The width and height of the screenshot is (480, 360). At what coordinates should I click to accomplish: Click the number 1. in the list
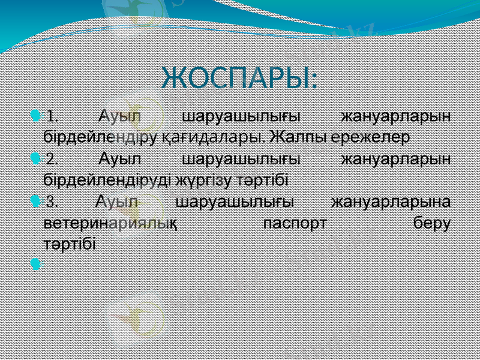pos(53,115)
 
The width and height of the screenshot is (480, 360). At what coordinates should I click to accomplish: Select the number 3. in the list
pos(53,201)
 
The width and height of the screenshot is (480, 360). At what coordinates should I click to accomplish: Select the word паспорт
pos(296,224)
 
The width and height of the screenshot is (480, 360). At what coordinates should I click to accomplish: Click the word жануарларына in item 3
pos(392,201)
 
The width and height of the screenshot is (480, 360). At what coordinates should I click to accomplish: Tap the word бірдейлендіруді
pos(106,179)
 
